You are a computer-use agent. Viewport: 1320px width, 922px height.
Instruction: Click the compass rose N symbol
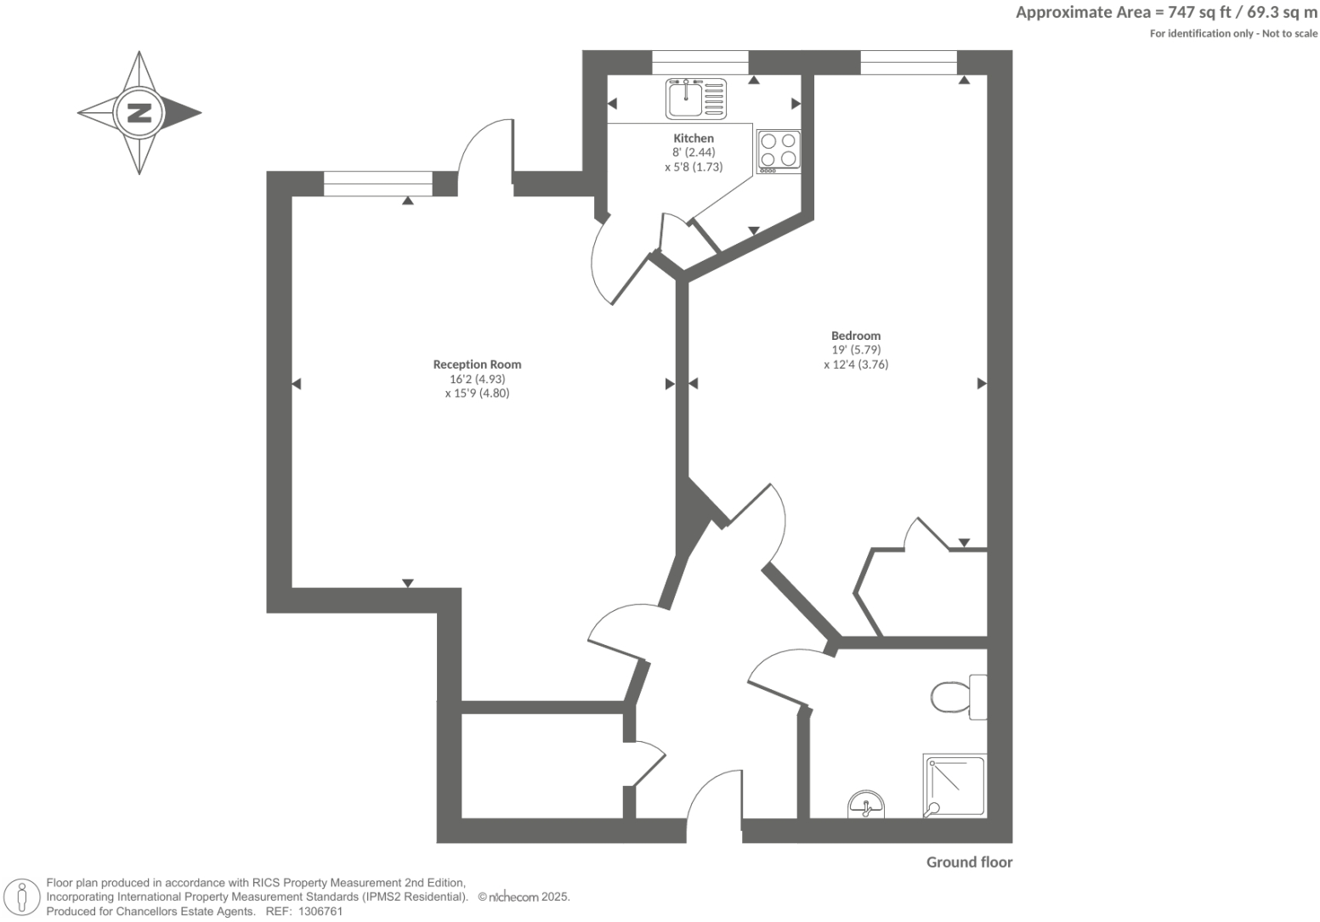[x=139, y=112]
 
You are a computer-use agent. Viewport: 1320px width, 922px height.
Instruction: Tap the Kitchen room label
[x=694, y=139]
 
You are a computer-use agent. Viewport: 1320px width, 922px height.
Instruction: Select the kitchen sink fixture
[x=696, y=98]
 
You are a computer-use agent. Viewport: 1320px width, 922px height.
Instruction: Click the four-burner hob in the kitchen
[x=779, y=151]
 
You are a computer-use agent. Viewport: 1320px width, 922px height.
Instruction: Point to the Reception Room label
[x=477, y=365]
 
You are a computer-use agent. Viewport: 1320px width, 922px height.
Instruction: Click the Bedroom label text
[x=856, y=336]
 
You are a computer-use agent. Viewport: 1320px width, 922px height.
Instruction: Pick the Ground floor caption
[x=969, y=863]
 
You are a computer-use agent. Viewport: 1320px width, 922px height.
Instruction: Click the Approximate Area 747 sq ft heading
[x=1166, y=12]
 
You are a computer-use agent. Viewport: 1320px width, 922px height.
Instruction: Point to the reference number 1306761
[x=316, y=911]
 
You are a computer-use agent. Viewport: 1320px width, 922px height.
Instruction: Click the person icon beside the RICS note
[x=23, y=897]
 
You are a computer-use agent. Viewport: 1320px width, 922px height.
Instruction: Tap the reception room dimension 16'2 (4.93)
[x=477, y=379]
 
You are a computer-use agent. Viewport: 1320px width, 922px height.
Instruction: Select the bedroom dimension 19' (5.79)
[x=856, y=350]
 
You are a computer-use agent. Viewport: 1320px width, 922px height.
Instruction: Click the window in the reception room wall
[x=378, y=184]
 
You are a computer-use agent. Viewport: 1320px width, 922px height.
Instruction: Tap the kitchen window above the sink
[x=700, y=62]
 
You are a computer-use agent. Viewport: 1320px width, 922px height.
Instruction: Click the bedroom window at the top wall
[x=909, y=62]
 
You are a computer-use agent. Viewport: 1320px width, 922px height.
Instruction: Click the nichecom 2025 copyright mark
[x=524, y=897]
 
